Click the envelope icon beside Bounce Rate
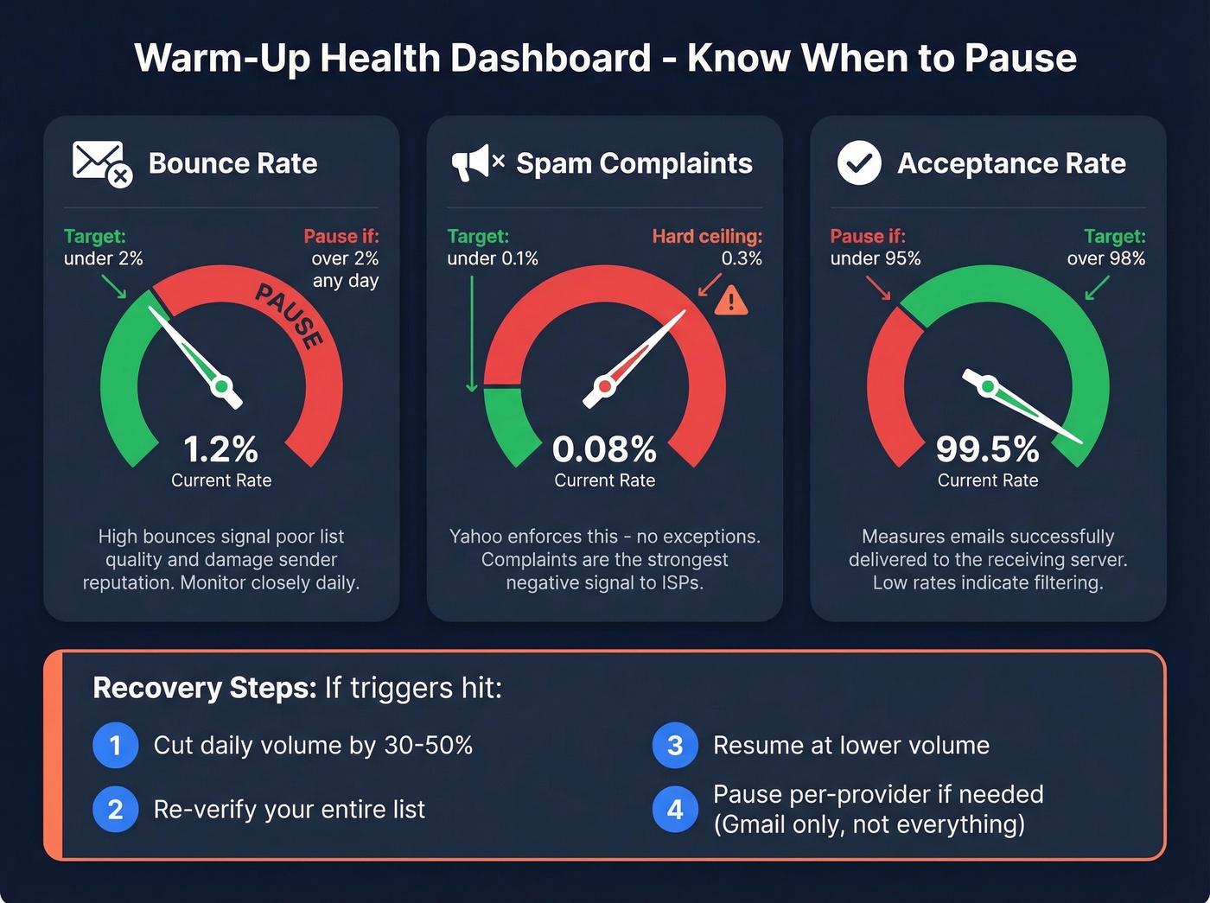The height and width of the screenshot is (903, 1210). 99,162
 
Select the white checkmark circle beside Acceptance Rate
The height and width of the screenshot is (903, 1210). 859,163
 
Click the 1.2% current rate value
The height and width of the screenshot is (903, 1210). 220,449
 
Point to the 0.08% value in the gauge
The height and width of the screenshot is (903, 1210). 604,449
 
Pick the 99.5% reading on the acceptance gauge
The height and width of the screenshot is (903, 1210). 987,449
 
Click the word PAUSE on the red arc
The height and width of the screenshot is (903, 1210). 290,316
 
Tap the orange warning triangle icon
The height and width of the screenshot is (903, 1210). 731,301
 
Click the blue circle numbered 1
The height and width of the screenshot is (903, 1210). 116,745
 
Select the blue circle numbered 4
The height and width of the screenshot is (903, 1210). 675,810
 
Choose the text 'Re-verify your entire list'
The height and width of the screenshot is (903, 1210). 289,810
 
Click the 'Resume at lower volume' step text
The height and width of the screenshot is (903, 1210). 850,745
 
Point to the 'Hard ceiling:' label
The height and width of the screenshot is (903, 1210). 706,236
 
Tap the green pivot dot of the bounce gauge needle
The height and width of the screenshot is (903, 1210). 221,386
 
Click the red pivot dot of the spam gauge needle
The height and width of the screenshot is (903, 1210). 605,386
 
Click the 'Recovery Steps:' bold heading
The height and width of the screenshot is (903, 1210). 205,688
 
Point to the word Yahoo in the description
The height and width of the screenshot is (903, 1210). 475,537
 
